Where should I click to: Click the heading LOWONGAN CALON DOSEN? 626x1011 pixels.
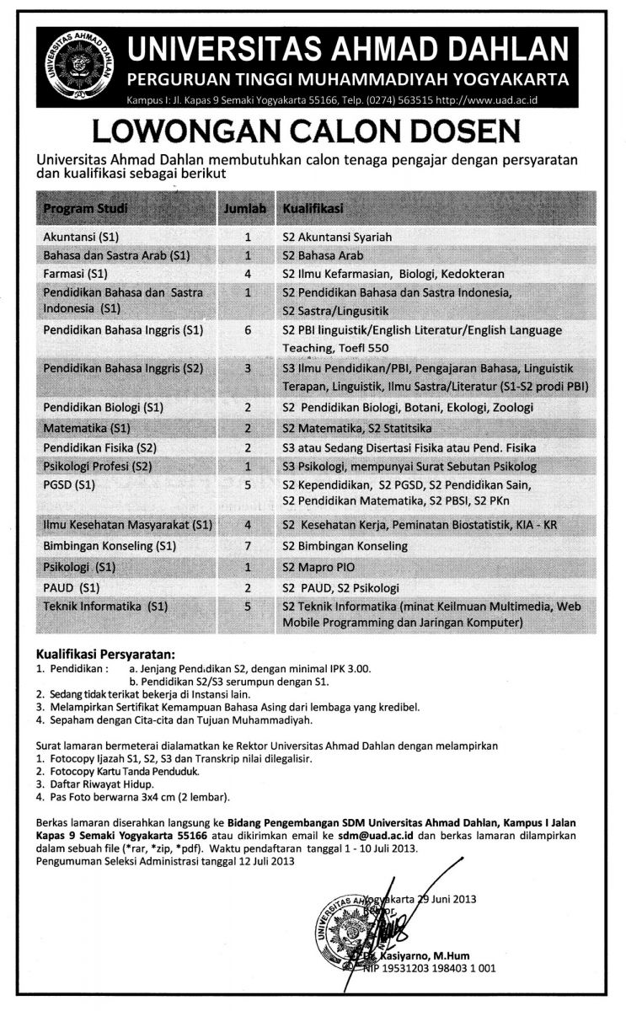tap(313, 132)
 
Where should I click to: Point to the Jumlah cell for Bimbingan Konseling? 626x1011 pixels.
tap(248, 546)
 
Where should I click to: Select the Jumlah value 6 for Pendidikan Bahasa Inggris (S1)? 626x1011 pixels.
tap(248, 331)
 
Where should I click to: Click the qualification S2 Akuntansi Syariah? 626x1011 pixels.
tap(338, 237)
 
